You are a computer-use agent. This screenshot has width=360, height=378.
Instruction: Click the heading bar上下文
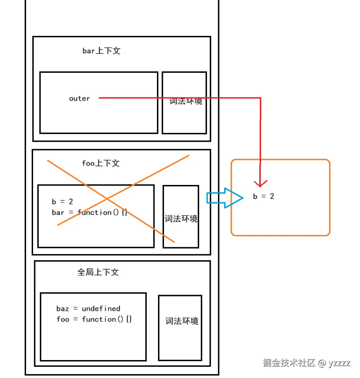(101, 51)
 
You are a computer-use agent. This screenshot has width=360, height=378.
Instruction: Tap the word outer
(80, 98)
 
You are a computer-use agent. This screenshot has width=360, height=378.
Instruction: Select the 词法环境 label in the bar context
(185, 101)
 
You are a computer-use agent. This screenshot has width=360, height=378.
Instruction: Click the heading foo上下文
(101, 163)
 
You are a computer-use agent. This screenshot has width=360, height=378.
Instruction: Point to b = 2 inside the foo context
(62, 201)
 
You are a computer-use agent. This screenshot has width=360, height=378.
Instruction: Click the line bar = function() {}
(89, 212)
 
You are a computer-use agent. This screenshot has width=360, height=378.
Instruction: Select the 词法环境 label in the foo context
(181, 219)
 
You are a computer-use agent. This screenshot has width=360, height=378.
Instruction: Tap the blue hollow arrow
(225, 198)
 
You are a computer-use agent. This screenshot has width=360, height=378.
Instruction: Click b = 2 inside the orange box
(264, 196)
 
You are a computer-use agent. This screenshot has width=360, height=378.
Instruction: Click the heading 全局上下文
(98, 272)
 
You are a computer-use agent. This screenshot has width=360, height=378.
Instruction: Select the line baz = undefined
(88, 308)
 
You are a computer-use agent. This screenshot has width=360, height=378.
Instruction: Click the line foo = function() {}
(94, 319)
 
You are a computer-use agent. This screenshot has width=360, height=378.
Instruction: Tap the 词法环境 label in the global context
(182, 321)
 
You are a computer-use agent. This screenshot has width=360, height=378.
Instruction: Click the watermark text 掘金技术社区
(289, 363)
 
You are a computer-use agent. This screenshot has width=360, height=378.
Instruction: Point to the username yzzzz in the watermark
(339, 363)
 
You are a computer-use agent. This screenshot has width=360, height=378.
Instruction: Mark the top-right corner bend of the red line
(261, 98)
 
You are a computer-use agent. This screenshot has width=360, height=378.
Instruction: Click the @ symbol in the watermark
(322, 363)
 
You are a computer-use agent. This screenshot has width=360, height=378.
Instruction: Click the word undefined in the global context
(101, 308)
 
